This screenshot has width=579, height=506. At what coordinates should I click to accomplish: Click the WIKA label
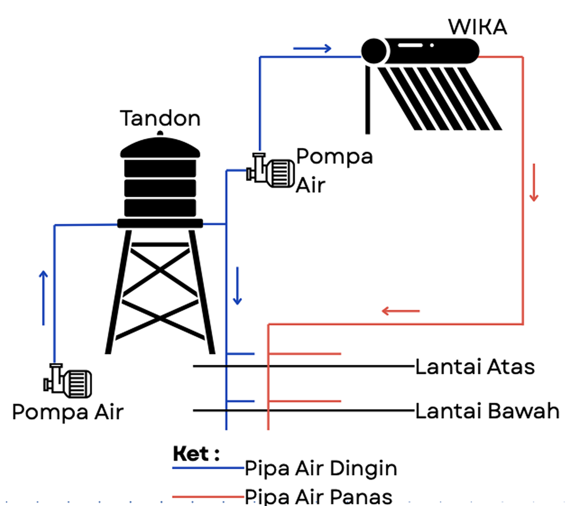pos(477,27)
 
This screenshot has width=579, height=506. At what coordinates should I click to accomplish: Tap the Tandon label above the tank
pos(160,118)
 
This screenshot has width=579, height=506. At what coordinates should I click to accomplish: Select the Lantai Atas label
pos(475,367)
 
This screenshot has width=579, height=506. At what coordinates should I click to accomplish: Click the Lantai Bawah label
pos(487,411)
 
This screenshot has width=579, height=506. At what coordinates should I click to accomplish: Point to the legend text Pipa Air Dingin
pos(321,469)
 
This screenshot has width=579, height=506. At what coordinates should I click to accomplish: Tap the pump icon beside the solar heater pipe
pos(271,171)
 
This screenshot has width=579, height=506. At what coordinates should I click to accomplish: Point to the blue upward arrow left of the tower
pos(43,298)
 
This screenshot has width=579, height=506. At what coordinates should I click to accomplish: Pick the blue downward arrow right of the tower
pos(237,286)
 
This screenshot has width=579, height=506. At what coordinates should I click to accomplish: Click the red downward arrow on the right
pos(534,182)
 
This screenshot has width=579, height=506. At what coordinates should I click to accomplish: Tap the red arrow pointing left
pos(401,311)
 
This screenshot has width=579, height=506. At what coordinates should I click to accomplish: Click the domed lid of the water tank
pos(160,147)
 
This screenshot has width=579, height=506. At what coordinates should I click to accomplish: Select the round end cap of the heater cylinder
pos(374,51)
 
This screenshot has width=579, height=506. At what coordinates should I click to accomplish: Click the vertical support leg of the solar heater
pos(368,100)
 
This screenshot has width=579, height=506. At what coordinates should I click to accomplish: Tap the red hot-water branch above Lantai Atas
pos(305,354)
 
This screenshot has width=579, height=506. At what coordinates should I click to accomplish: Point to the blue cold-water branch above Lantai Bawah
pos(241,401)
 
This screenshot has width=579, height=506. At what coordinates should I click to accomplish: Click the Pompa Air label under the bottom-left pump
pos(68,412)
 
